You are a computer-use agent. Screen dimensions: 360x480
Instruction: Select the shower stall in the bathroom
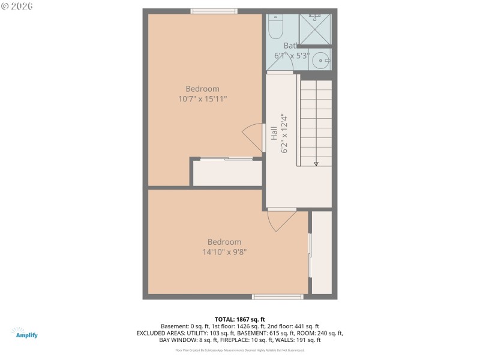pyautogui.click(x=316, y=29)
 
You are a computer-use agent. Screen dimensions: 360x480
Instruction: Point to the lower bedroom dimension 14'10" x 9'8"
pyautogui.click(x=224, y=252)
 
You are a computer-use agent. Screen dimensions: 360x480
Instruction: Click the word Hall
pyautogui.click(x=274, y=133)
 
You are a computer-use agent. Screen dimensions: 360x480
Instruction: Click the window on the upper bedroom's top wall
pyautogui.click(x=214, y=11)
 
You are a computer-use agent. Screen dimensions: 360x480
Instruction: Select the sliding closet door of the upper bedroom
pyautogui.click(x=226, y=159)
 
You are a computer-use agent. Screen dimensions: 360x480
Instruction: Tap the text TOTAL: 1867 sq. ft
pyautogui.click(x=239, y=319)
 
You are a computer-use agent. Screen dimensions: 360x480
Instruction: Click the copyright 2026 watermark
pyautogui.click(x=17, y=7)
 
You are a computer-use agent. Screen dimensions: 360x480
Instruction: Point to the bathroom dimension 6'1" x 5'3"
pyautogui.click(x=292, y=55)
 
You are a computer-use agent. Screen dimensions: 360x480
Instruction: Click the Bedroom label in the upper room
pyautogui.click(x=202, y=89)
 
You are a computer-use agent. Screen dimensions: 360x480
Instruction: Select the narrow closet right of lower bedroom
pyautogui.click(x=322, y=252)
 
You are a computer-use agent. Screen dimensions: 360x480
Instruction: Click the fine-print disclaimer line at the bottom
pyautogui.click(x=239, y=350)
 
